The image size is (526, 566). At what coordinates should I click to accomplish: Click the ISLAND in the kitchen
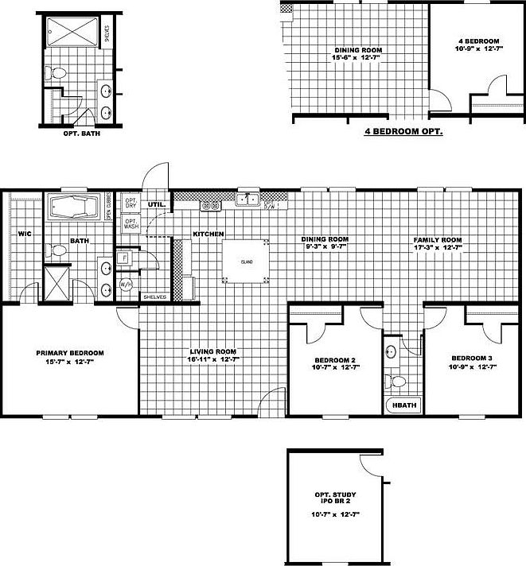(x=247, y=260)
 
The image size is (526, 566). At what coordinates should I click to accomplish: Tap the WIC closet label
(x=24, y=234)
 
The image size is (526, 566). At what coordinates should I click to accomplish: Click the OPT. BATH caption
(x=80, y=134)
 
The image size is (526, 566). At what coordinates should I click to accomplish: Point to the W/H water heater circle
(x=126, y=284)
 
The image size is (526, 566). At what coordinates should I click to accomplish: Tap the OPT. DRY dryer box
(x=131, y=204)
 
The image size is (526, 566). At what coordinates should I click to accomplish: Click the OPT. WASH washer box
(x=131, y=225)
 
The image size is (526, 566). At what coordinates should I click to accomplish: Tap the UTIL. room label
(x=156, y=204)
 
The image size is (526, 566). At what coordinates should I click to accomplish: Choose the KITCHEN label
(x=208, y=234)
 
